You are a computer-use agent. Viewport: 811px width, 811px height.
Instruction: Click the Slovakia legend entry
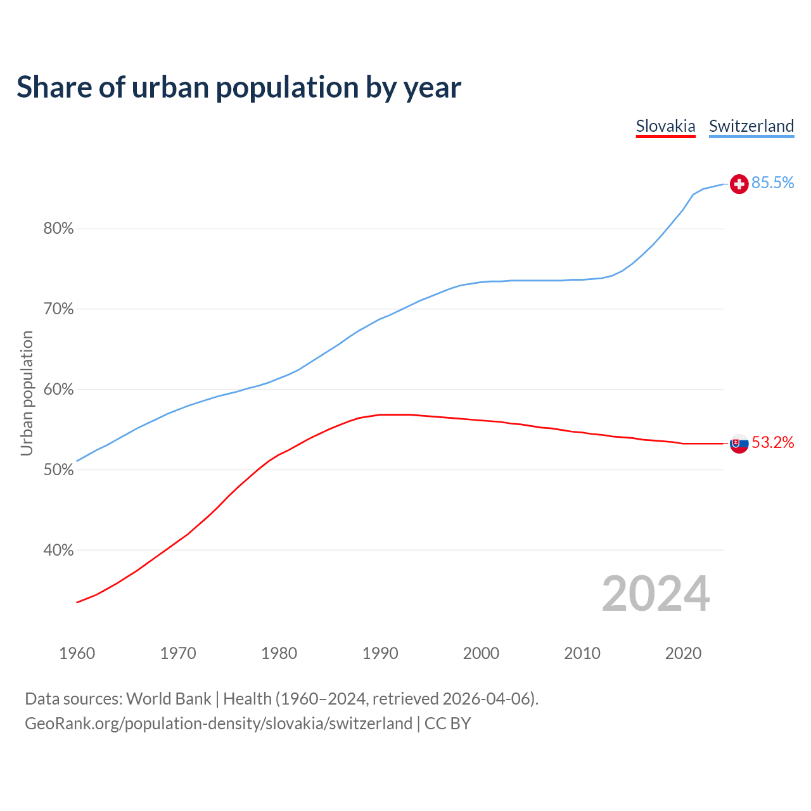click(665, 126)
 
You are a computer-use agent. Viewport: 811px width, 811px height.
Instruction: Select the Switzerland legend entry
click(751, 126)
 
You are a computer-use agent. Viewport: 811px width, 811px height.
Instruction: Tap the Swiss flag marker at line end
click(739, 184)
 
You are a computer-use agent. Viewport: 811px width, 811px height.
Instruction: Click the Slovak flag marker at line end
click(739, 444)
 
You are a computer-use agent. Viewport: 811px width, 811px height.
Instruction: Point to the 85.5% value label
click(772, 183)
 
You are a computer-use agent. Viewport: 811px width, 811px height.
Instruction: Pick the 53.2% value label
click(772, 442)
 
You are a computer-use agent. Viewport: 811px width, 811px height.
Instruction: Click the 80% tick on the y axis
click(58, 229)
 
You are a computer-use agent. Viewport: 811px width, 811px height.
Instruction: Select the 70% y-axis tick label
click(58, 309)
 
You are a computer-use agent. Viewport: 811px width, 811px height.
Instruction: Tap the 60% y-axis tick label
click(58, 390)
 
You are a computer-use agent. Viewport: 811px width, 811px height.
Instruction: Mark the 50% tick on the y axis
click(58, 470)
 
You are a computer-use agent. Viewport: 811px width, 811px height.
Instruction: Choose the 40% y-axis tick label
click(58, 551)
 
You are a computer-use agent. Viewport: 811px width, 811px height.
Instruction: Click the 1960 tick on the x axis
click(77, 653)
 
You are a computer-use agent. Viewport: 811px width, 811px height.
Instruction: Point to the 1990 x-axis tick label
click(380, 653)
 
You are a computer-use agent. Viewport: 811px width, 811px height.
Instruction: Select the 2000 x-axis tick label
click(481, 653)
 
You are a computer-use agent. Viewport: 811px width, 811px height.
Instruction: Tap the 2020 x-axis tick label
click(683, 653)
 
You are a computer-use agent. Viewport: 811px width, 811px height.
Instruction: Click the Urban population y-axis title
click(27, 393)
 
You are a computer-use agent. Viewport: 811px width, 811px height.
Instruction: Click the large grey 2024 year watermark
click(656, 594)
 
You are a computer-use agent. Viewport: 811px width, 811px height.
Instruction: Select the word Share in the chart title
click(53, 87)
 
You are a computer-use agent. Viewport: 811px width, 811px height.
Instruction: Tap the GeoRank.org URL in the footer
click(219, 724)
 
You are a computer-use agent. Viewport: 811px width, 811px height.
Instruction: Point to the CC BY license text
click(447, 724)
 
